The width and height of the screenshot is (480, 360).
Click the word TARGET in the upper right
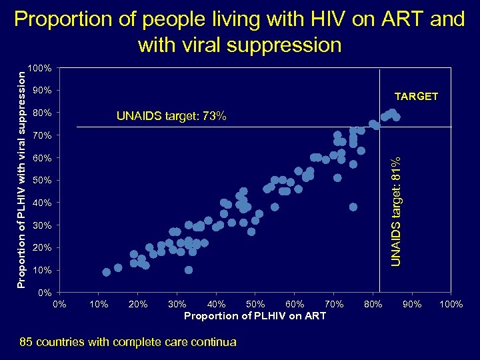(416, 97)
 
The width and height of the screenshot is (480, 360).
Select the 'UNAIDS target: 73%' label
(171, 117)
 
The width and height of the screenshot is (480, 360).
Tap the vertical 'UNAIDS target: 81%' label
(395, 210)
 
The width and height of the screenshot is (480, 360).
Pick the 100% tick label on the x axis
(451, 305)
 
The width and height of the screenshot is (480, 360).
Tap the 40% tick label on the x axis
(216, 305)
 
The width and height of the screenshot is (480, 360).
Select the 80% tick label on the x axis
(373, 305)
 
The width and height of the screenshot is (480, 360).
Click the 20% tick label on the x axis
(138, 305)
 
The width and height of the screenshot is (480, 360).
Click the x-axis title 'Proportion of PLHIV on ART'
(255, 315)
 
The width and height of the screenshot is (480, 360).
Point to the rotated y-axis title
(22, 180)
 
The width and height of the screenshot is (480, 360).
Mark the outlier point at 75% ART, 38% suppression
(353, 207)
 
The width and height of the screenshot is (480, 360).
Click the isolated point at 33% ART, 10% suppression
(189, 270)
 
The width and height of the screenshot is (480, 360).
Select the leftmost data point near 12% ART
(107, 272)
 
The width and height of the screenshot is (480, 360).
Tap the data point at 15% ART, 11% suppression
(118, 267)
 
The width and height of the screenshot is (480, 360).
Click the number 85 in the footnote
(27, 342)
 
